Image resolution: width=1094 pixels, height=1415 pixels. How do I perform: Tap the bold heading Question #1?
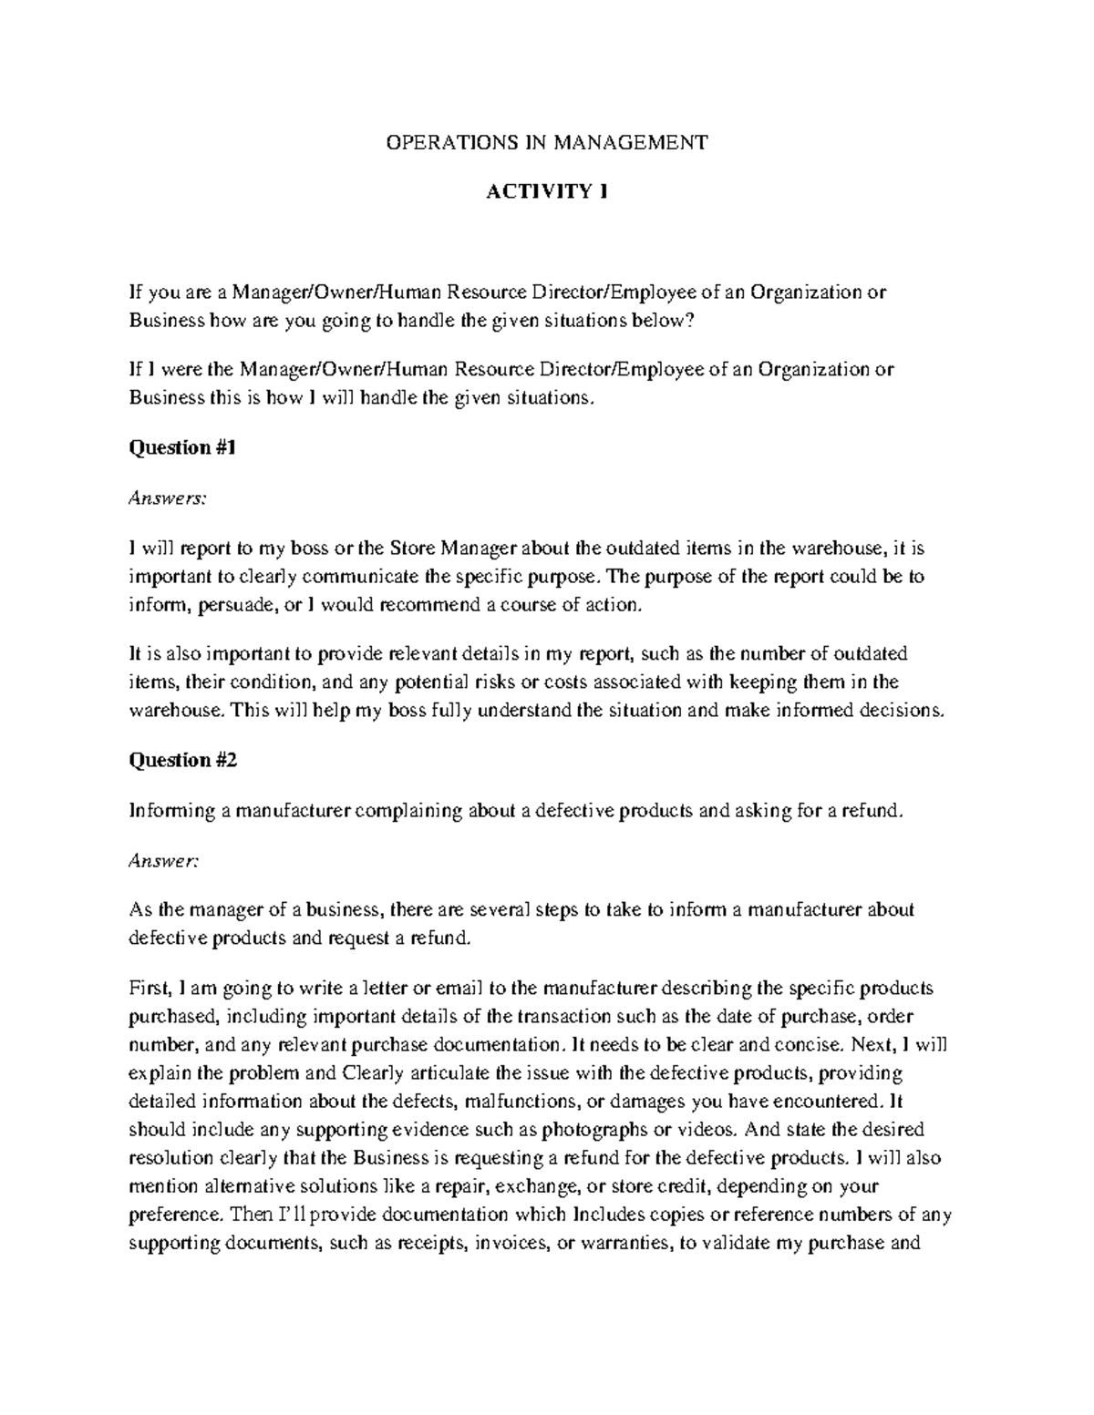pyautogui.click(x=183, y=447)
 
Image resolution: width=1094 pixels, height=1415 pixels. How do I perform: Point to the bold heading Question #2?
pyautogui.click(x=183, y=761)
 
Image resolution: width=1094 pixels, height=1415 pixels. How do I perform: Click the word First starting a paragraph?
pyautogui.click(x=150, y=989)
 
